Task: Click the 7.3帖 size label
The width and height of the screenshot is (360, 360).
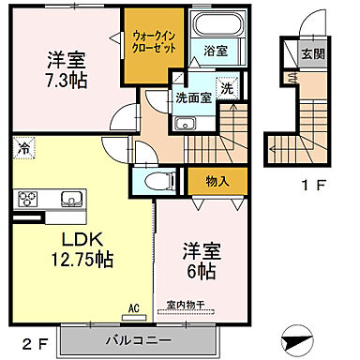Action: pos(66,82)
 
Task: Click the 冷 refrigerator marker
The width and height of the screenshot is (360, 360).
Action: pos(21,147)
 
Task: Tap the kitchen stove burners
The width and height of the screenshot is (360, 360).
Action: pos(27,199)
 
